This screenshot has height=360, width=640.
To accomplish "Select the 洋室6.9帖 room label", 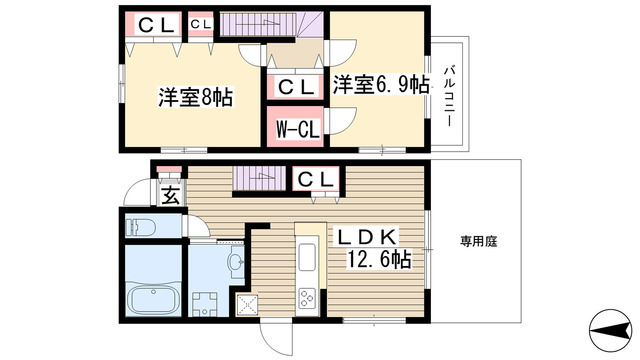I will (381, 84).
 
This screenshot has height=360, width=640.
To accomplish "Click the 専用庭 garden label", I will (477, 240).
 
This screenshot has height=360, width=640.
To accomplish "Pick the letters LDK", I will (367, 236).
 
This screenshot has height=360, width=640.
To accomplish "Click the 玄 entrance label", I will (170, 195).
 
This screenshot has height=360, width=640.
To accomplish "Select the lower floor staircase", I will (258, 179).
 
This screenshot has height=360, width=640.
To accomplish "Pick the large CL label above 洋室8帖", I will (152, 25).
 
